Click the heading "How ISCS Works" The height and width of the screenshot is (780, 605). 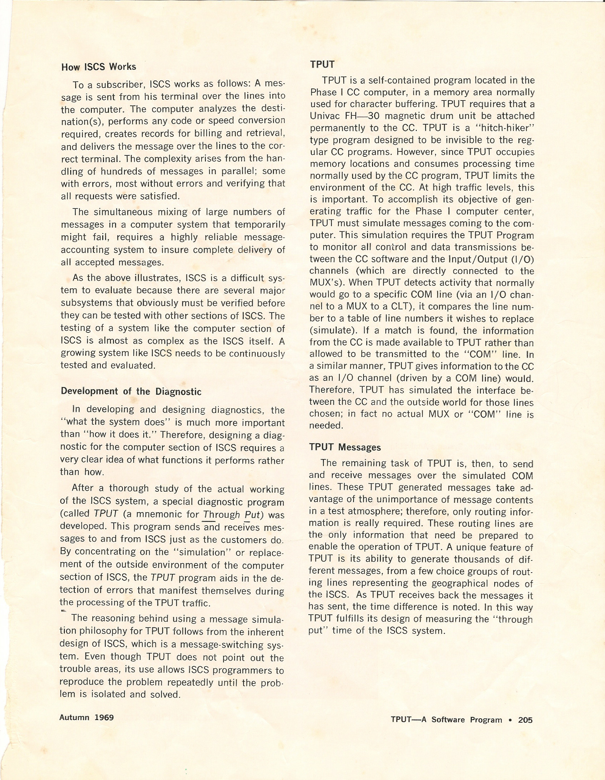point(99,67)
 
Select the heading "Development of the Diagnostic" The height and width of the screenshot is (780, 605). point(131,392)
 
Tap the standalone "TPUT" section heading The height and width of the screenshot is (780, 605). point(322,64)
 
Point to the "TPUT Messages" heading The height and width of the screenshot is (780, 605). point(345,447)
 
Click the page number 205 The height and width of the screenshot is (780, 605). point(525,720)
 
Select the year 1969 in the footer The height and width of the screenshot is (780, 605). point(104,717)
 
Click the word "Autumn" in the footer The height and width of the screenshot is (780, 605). point(74,717)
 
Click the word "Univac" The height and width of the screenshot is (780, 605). point(324,116)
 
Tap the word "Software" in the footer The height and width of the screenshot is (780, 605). point(449,720)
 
